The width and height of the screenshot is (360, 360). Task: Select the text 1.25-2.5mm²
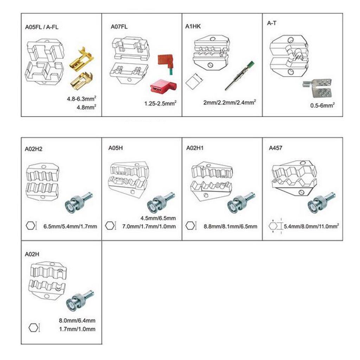click(160, 103)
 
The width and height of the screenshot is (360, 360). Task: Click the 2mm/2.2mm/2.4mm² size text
click(229, 102)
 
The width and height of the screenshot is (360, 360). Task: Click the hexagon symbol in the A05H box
click(110, 225)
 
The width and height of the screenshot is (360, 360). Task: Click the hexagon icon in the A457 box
click(274, 226)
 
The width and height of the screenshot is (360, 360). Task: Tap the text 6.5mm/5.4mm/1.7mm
click(70, 226)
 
